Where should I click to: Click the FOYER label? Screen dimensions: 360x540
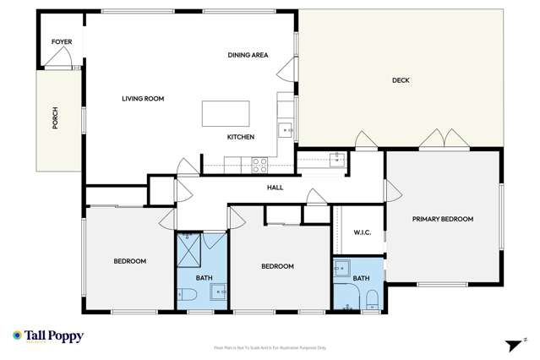point(61,41)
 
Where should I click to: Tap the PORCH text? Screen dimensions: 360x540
point(56,118)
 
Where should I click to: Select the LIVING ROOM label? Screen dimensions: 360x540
point(143,99)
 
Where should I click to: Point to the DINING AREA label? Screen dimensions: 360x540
point(248,55)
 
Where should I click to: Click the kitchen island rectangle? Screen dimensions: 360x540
point(226,113)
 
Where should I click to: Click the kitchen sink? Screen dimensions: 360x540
point(286,130)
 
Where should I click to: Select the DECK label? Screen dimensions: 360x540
point(401,81)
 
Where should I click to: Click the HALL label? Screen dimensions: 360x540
point(275,188)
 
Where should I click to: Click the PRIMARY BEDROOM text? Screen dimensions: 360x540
point(443,219)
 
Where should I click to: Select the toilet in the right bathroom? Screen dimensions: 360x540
point(371,297)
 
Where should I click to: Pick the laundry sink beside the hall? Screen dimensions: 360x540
point(336,158)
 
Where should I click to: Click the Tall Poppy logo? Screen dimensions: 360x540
point(49,335)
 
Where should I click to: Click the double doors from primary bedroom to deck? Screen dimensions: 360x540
point(435,140)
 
